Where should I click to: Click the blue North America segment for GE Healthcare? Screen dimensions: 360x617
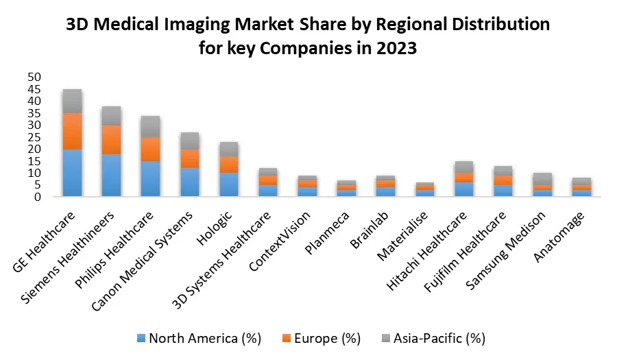(x=72, y=173)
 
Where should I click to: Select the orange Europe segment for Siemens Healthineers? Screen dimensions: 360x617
(x=111, y=140)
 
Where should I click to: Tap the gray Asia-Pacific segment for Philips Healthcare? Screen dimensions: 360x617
(x=150, y=126)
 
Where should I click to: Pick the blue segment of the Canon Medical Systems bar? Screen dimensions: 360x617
(x=189, y=182)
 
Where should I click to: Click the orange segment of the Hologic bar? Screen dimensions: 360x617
(x=228, y=164)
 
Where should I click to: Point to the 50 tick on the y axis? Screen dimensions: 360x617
(x=34, y=77)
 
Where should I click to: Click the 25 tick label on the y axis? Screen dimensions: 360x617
(x=34, y=137)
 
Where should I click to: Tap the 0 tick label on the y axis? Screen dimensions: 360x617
(x=38, y=197)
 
